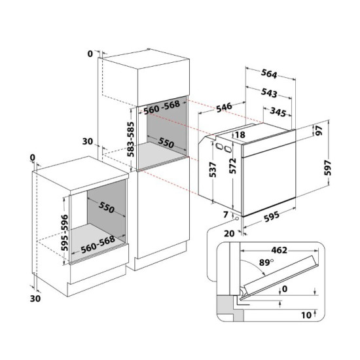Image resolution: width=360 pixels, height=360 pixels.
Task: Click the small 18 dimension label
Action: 240,135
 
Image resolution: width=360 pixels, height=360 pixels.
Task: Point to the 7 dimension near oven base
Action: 225,215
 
